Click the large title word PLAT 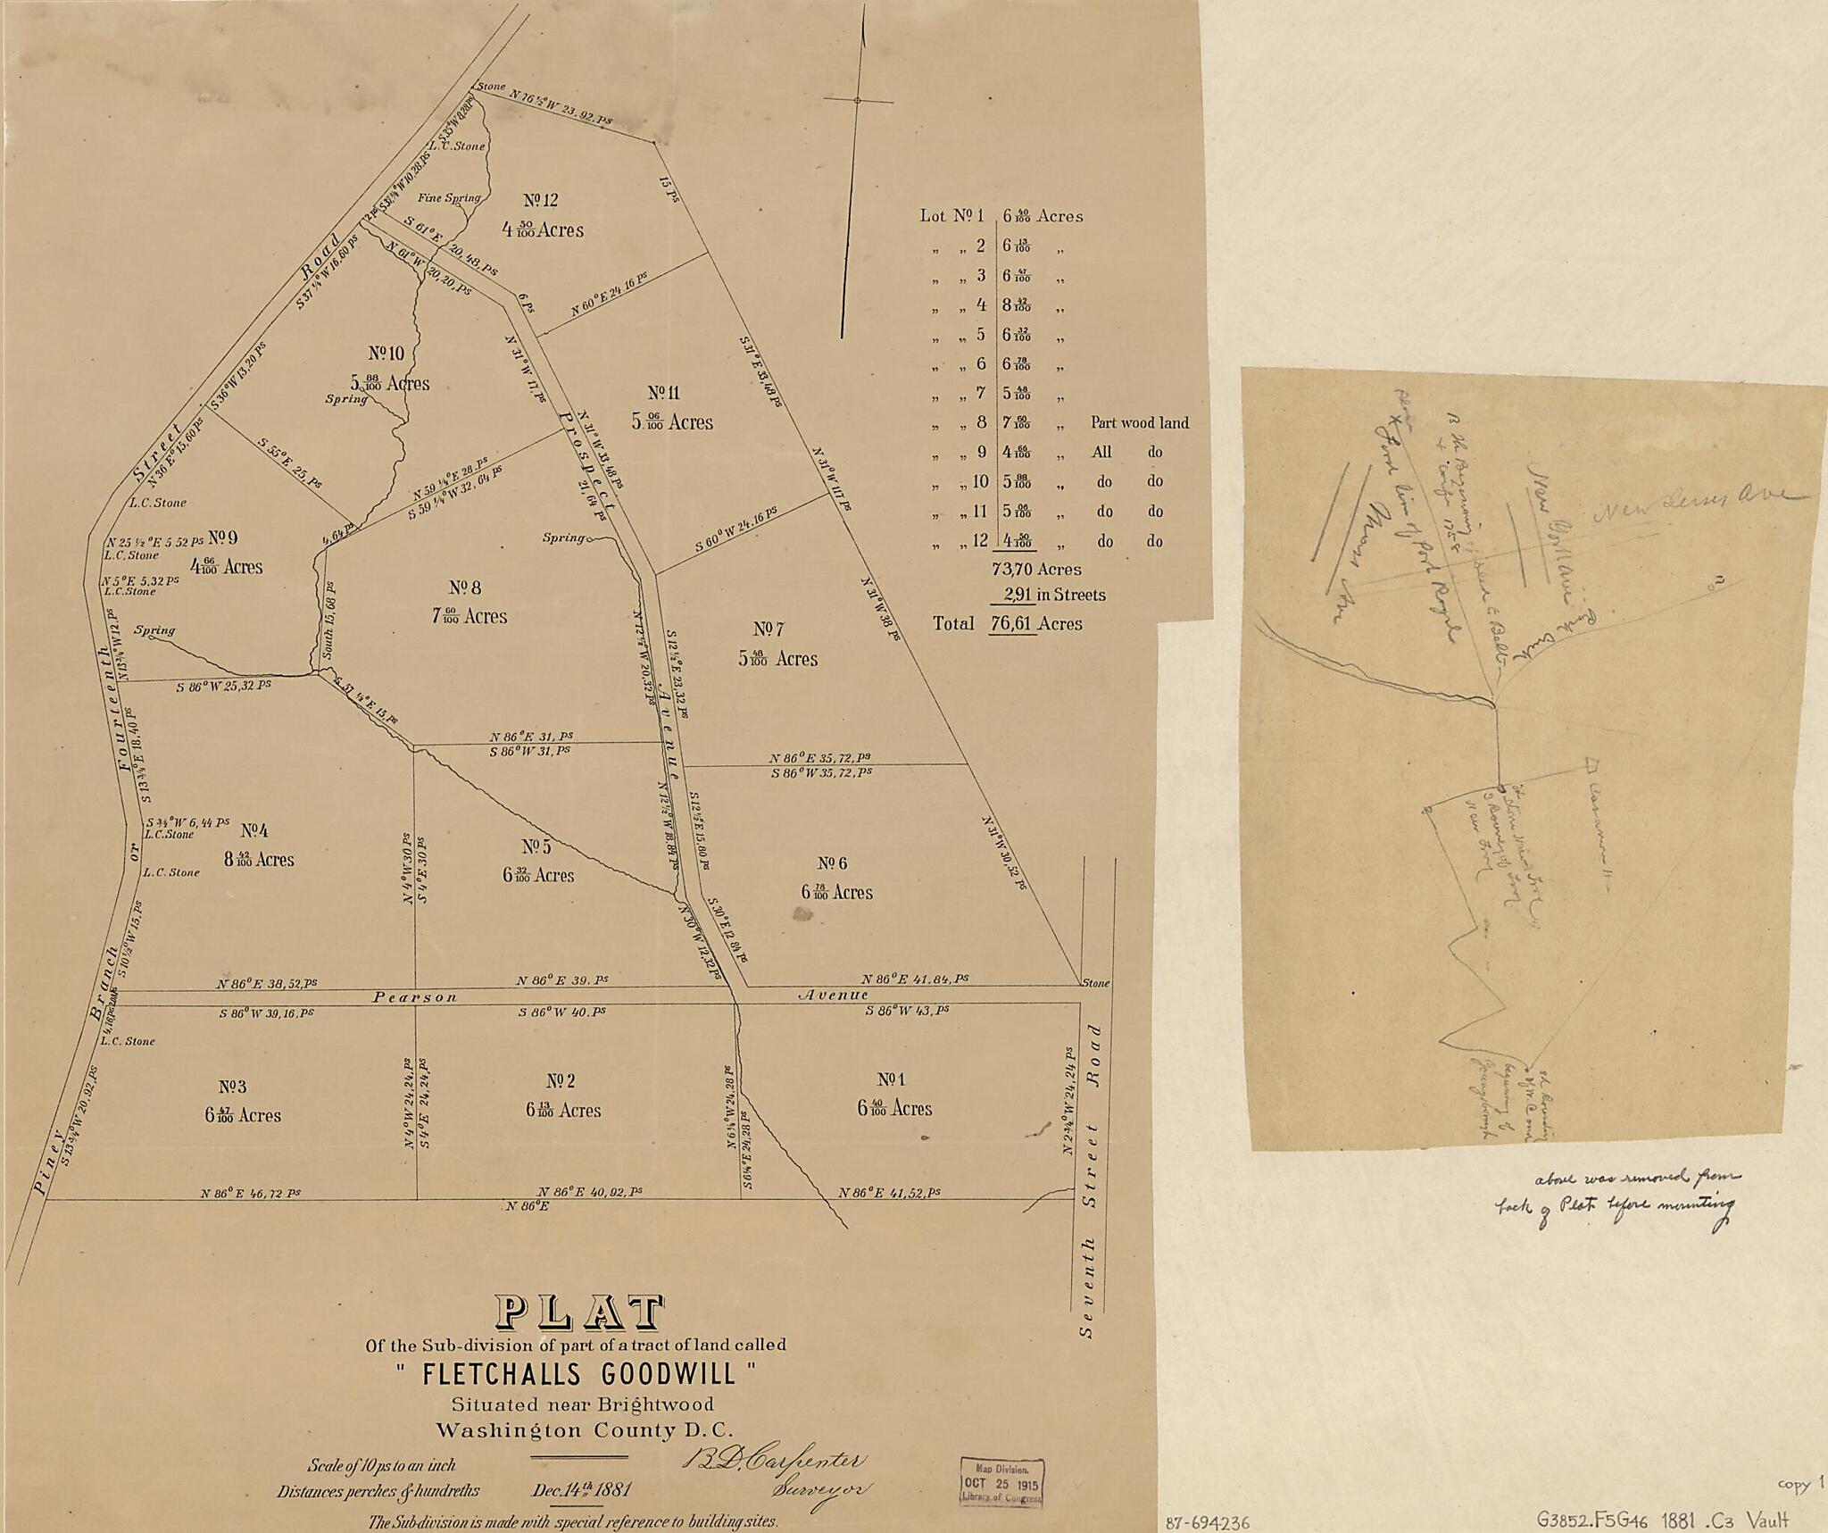(580, 1312)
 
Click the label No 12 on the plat (541, 200)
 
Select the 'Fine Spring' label (450, 198)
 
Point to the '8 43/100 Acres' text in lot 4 (259, 859)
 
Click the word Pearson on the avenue (415, 996)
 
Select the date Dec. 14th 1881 (581, 1489)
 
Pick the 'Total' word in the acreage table (953, 623)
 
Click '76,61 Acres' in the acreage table (1035, 623)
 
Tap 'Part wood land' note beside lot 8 (1139, 423)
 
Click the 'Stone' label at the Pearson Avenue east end (1095, 983)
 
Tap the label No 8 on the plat (465, 587)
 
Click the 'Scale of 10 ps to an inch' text (381, 1465)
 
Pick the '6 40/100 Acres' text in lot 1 (894, 1108)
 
